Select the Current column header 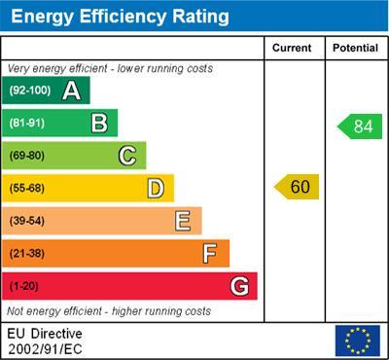[292, 48]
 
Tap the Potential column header [355, 48]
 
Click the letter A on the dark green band [71, 90]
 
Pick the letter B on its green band [98, 123]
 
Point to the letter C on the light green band [126, 155]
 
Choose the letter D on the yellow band [155, 188]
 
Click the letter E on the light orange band [182, 221]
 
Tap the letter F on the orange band [209, 254]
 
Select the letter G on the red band [238, 286]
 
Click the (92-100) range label [30, 90]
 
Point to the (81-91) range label [27, 123]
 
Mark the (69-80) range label [27, 156]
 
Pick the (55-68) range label [27, 188]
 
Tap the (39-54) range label [27, 221]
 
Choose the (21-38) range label [27, 254]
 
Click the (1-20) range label [24, 287]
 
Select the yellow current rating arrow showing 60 [297, 186]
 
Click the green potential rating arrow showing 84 [360, 126]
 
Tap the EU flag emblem [356, 340]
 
